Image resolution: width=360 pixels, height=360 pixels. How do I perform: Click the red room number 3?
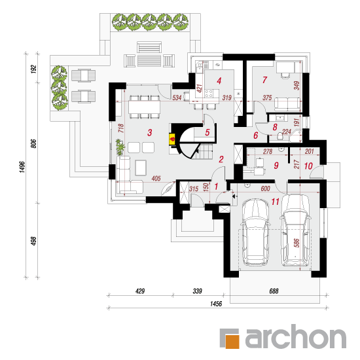coord(150,132)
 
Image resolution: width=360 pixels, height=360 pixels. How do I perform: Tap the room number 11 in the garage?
coord(276,202)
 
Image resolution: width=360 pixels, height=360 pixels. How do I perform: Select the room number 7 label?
coord(264,80)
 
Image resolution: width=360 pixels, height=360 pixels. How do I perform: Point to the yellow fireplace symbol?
coord(172,139)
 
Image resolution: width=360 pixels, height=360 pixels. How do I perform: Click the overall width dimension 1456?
coord(216,304)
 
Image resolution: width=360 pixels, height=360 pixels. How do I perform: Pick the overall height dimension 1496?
coord(22,167)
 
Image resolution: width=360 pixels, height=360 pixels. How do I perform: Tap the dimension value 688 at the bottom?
coord(274,291)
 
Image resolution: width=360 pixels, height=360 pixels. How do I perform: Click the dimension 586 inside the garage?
coord(297,243)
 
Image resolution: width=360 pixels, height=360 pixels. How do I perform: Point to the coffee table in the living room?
coord(141,168)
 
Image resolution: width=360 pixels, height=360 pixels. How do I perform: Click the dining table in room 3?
coord(144,107)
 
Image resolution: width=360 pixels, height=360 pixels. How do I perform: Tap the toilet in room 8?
coord(280,135)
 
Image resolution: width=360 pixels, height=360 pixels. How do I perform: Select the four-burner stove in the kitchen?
coord(209,94)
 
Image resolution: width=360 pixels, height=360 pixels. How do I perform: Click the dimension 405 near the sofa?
coord(156,178)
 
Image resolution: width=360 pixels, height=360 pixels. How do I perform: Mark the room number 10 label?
coord(308,166)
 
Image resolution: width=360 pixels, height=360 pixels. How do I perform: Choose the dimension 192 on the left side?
coord(34,69)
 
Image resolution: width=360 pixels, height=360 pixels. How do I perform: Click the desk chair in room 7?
coord(285,75)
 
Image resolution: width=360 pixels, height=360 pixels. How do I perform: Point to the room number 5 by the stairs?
coord(207,132)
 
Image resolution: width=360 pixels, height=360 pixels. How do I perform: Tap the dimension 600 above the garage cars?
coord(265,189)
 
